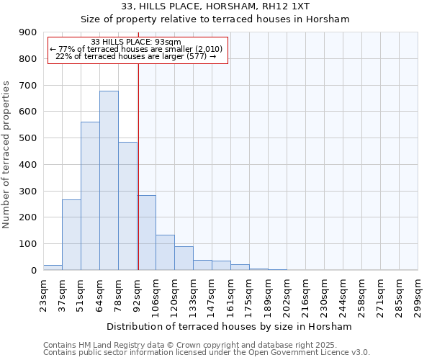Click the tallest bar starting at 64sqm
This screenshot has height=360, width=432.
click(x=109, y=180)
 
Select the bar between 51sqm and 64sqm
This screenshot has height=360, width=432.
click(x=90, y=196)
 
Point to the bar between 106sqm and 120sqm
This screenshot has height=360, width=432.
click(x=165, y=252)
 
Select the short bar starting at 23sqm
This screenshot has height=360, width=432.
click(x=53, y=267)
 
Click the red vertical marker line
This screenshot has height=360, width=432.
click(x=138, y=158)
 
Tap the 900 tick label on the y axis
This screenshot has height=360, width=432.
click(x=28, y=32)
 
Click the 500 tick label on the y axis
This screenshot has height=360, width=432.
click(x=28, y=138)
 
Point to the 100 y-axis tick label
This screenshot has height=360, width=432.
click(x=28, y=244)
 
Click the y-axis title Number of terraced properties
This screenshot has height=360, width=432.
click(x=6, y=155)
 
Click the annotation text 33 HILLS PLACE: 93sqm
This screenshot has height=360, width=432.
click(x=137, y=42)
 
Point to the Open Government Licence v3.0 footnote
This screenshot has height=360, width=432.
click(x=206, y=353)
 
